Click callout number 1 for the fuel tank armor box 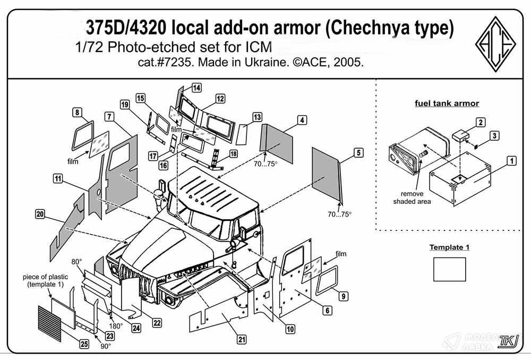point(511,160)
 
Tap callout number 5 point(358,153)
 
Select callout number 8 point(78,113)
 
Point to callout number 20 point(39,213)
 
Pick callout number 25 point(83,344)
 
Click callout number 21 point(242,340)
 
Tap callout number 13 point(257,117)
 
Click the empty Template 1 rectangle point(449,269)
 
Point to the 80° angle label point(77,262)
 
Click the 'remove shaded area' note point(412,198)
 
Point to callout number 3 point(494,136)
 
